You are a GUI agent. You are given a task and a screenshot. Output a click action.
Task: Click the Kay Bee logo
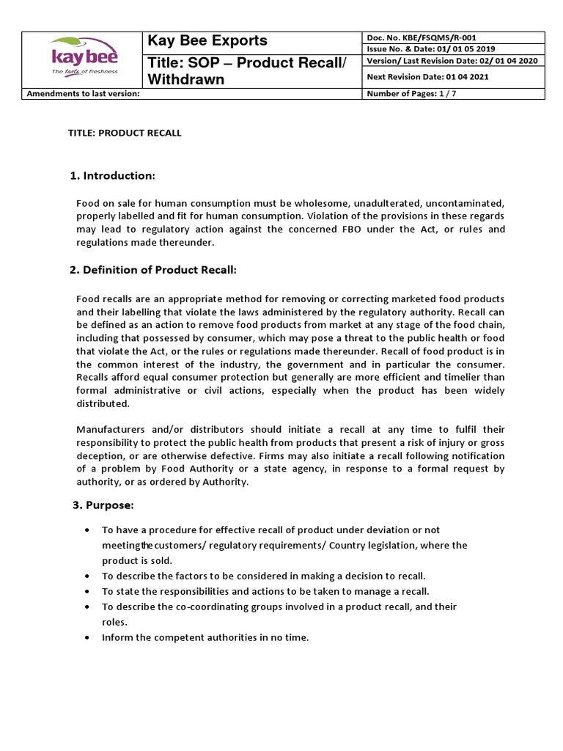[x=83, y=55]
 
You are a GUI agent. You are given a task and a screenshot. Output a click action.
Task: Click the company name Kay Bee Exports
[x=208, y=40]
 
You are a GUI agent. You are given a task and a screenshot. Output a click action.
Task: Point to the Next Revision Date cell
[x=427, y=76]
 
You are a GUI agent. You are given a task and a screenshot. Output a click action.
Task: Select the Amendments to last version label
[x=83, y=94]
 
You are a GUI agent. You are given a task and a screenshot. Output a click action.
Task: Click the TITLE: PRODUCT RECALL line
[x=125, y=133]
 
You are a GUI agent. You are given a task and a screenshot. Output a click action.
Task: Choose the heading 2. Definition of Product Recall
[x=153, y=270]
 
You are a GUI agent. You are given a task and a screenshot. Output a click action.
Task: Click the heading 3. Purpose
[x=103, y=505]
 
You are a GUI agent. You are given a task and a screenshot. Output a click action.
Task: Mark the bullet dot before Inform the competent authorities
[x=88, y=638]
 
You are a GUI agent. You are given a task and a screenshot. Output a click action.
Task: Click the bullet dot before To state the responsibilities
[x=88, y=591]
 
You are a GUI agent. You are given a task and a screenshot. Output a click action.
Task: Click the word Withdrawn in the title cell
[x=186, y=79]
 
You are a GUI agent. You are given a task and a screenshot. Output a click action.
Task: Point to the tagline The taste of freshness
[x=84, y=72]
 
